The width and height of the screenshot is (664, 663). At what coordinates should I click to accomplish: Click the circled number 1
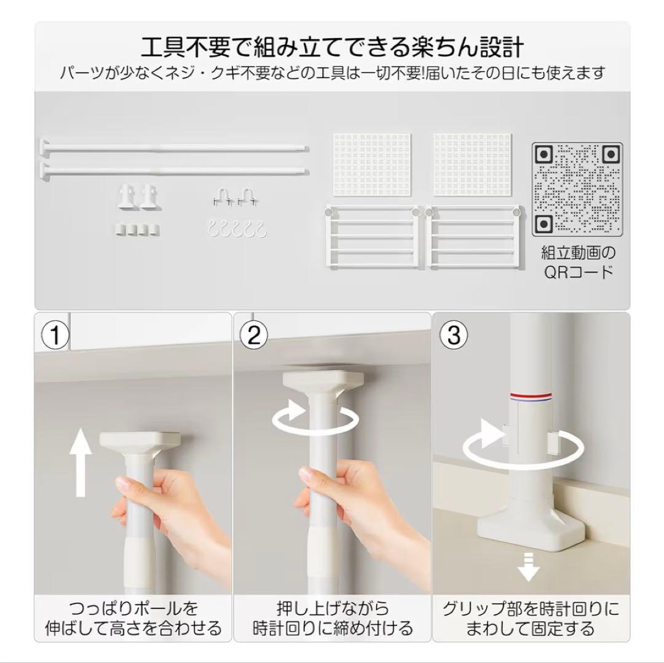[x=55, y=336]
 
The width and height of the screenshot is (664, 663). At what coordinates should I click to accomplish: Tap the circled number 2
[x=254, y=336]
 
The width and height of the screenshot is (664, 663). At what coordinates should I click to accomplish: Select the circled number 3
[x=454, y=336]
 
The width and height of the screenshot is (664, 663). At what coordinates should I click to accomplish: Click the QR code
[x=577, y=189]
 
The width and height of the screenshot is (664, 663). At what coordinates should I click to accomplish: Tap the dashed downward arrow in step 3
[x=529, y=566]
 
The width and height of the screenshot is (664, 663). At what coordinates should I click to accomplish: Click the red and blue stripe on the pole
[x=531, y=397]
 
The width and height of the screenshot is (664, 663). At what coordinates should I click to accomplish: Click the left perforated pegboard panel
[x=372, y=165]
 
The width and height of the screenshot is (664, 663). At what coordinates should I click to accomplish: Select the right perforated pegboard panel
[x=473, y=165]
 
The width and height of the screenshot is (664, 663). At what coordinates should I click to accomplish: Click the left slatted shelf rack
[x=373, y=236]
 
